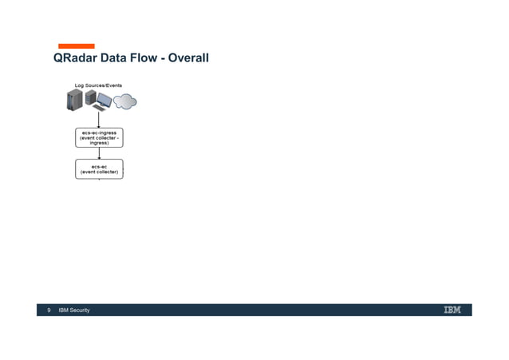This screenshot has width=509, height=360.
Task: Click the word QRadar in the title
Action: tap(74, 58)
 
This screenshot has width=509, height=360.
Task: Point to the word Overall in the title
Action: tap(190, 58)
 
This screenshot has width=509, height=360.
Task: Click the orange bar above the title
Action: tap(76, 46)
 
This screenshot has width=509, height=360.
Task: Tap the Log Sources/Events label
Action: tap(98, 85)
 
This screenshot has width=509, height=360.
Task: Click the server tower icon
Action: tap(75, 101)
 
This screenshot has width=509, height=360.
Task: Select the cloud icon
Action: tap(124, 101)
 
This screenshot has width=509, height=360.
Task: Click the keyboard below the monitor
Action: tap(98, 108)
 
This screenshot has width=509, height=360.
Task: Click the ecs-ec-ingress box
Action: tap(99, 137)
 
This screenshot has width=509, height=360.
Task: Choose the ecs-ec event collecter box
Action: tap(99, 168)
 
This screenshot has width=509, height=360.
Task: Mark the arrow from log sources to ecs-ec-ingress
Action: tap(99, 120)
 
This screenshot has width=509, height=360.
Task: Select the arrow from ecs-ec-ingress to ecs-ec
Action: tap(99, 153)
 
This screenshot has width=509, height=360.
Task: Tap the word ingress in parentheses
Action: tap(99, 143)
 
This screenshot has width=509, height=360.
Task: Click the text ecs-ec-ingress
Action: tap(99, 133)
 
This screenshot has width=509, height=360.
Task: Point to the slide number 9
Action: tap(49, 311)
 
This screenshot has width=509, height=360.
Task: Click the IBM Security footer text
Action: tap(74, 311)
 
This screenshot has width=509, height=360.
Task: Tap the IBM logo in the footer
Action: tap(452, 310)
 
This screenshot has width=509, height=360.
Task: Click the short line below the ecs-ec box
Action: tap(100, 180)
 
